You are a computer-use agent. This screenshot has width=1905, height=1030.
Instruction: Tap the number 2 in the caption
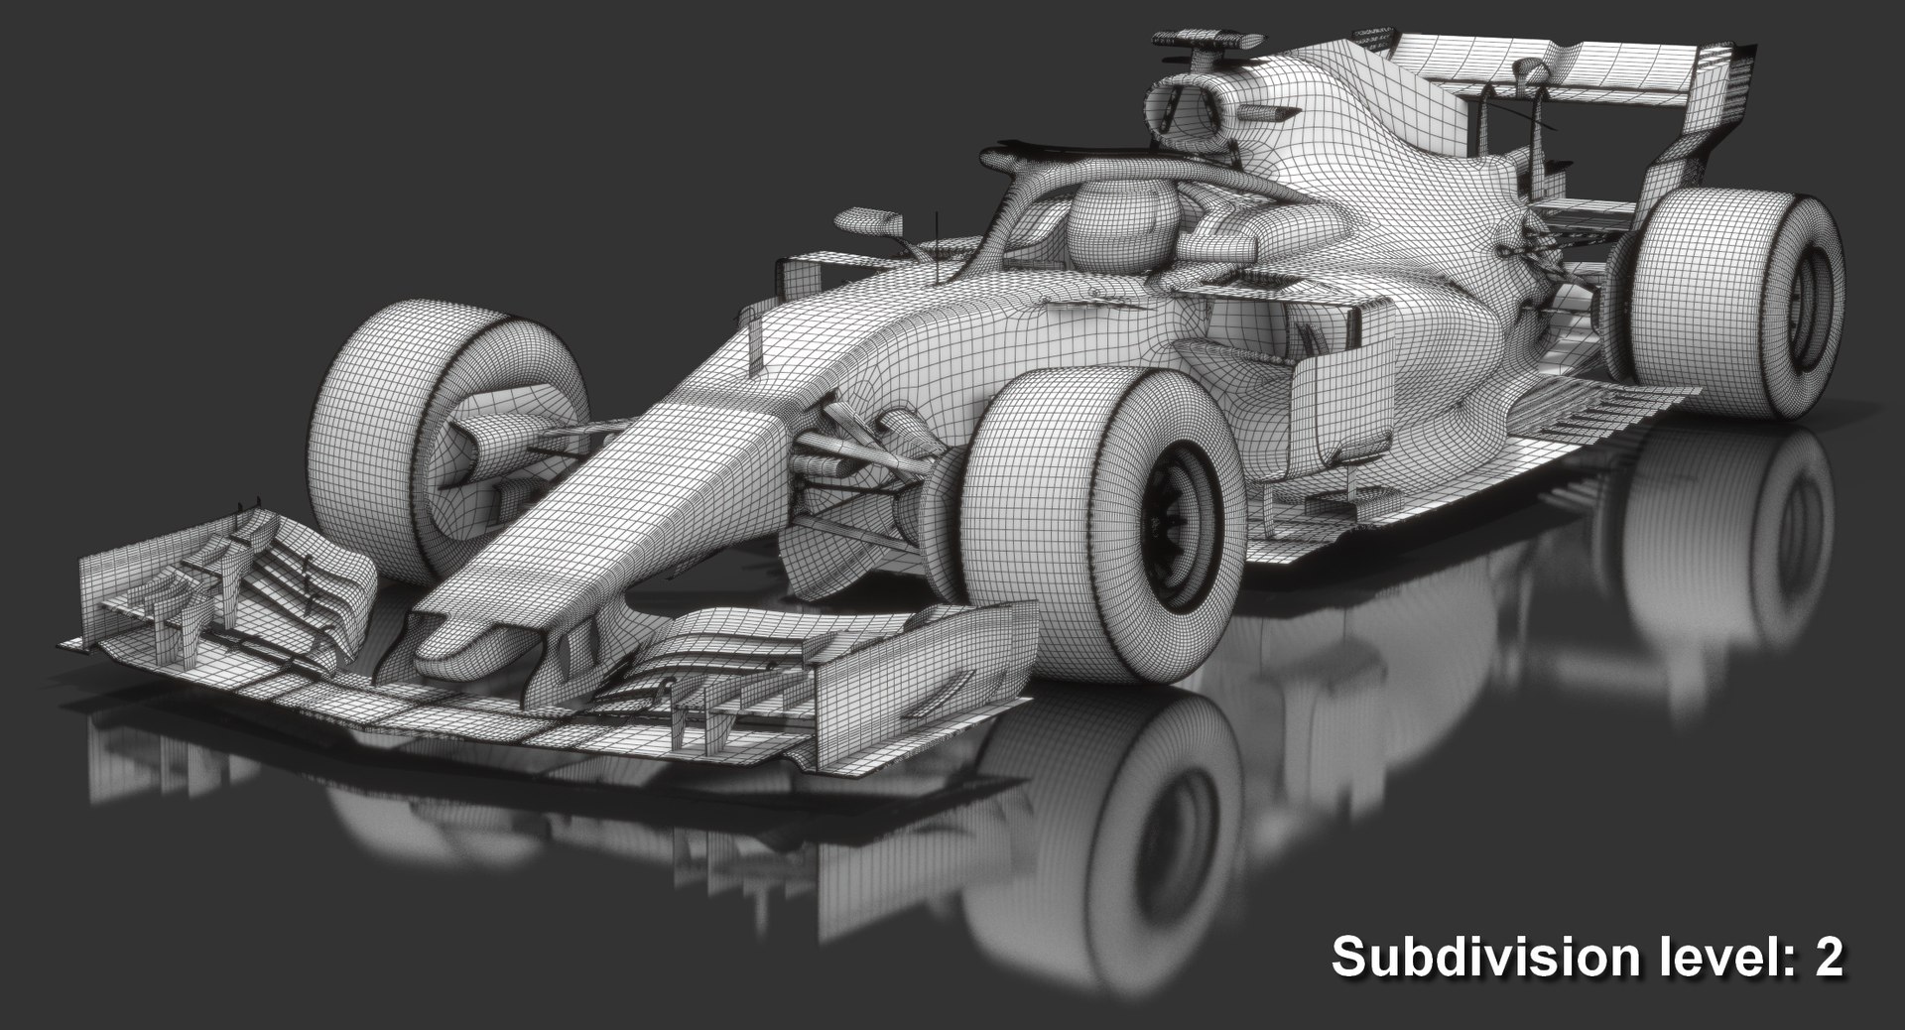(1827, 958)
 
